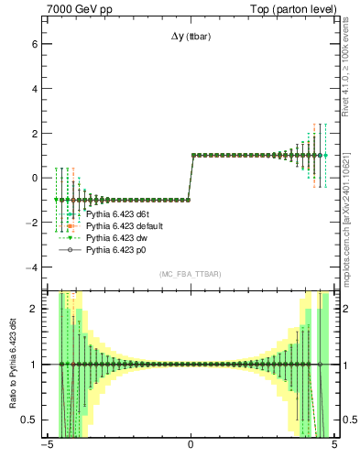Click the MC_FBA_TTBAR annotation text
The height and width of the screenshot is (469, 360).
click(190, 274)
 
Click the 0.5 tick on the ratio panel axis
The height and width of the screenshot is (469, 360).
click(28, 420)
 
